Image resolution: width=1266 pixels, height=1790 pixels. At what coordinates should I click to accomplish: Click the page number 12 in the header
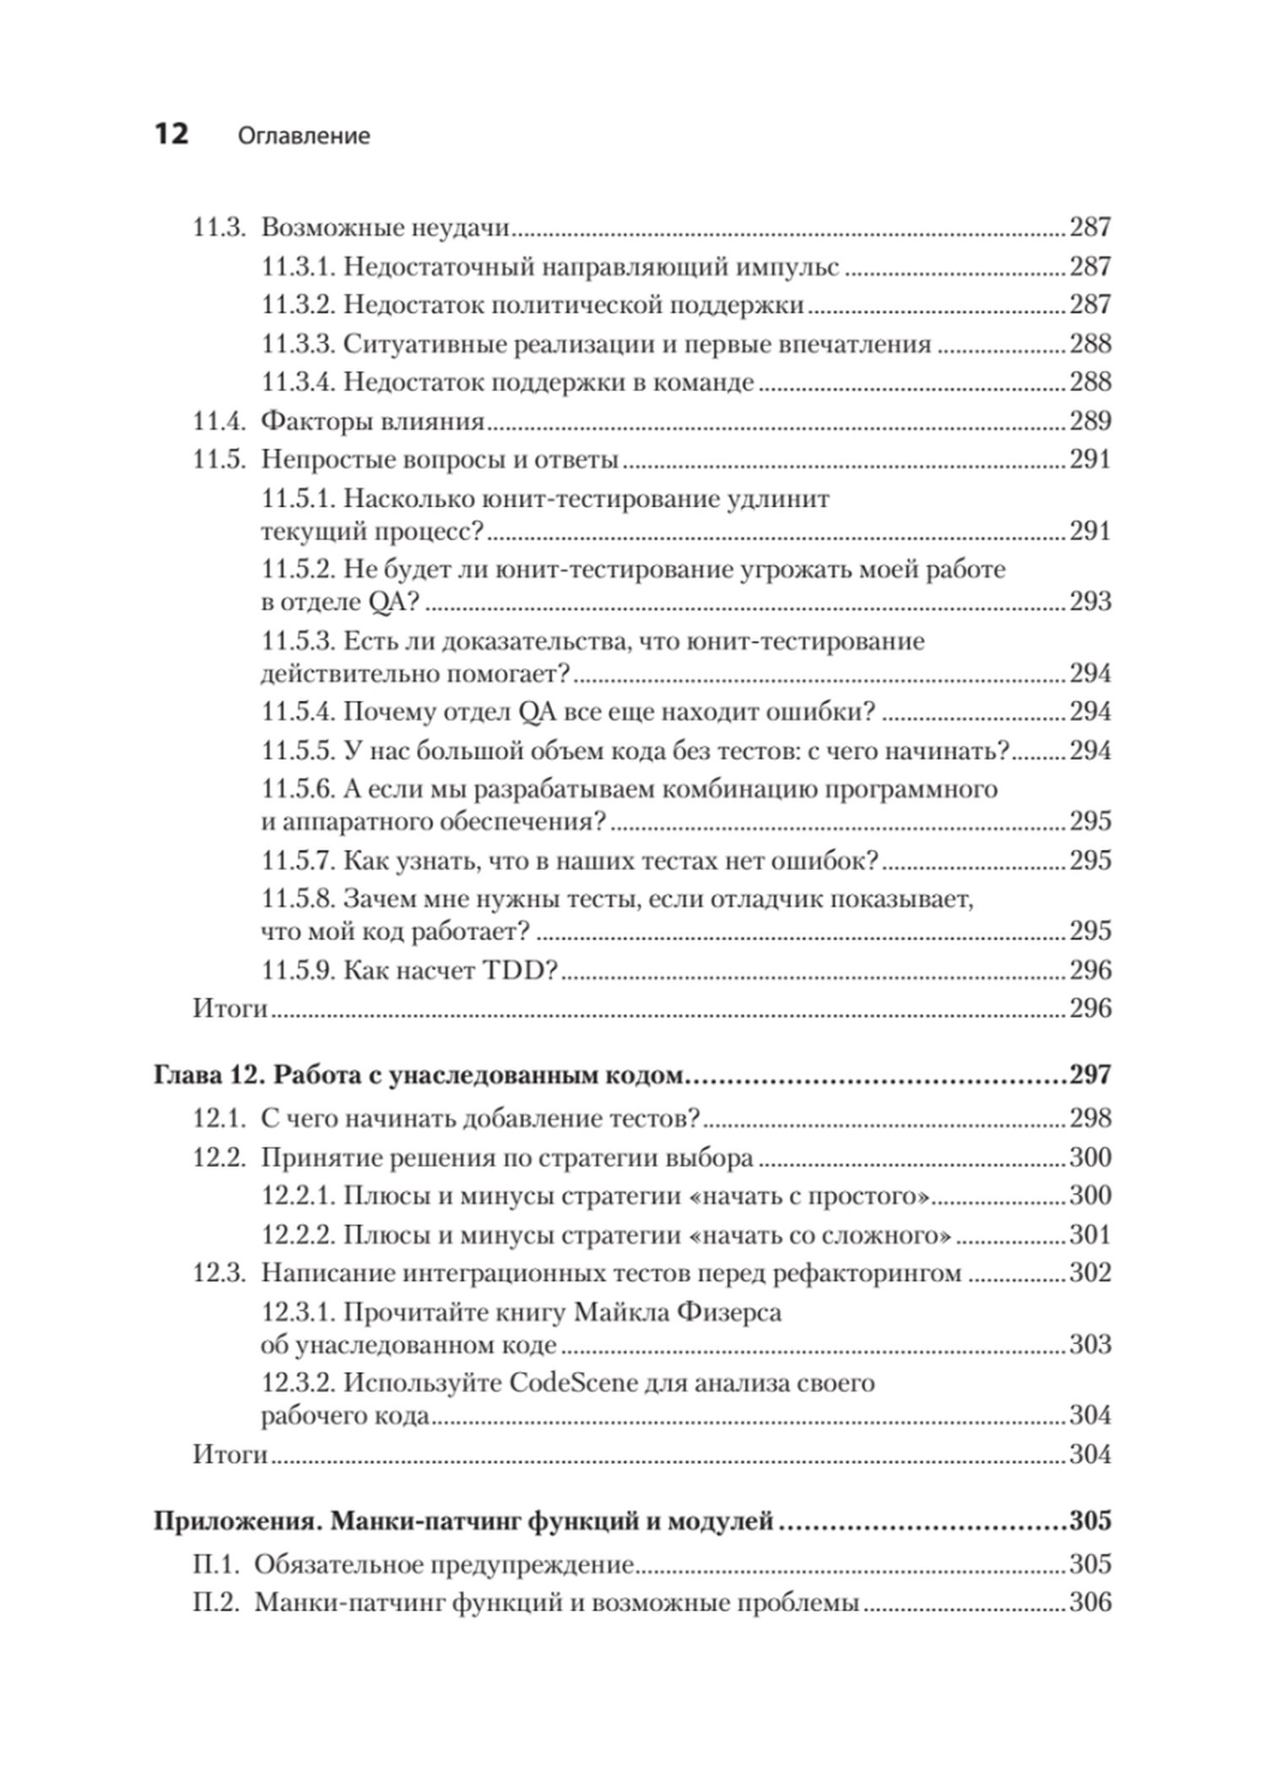(170, 133)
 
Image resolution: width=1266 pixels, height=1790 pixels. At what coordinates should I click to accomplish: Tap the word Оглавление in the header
(304, 136)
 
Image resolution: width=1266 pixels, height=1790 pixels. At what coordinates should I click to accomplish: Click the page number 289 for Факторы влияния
(1090, 420)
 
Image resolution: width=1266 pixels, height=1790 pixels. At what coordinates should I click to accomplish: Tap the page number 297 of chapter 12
(1090, 1075)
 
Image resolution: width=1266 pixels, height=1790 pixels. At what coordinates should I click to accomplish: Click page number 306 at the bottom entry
(1090, 1603)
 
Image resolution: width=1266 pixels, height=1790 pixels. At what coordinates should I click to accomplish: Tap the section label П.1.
(219, 1565)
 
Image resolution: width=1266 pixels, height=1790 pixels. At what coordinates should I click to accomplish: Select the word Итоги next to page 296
(230, 1008)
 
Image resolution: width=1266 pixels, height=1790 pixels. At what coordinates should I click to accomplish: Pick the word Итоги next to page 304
(230, 1454)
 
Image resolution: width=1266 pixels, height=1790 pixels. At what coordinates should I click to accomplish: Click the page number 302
(1090, 1272)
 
